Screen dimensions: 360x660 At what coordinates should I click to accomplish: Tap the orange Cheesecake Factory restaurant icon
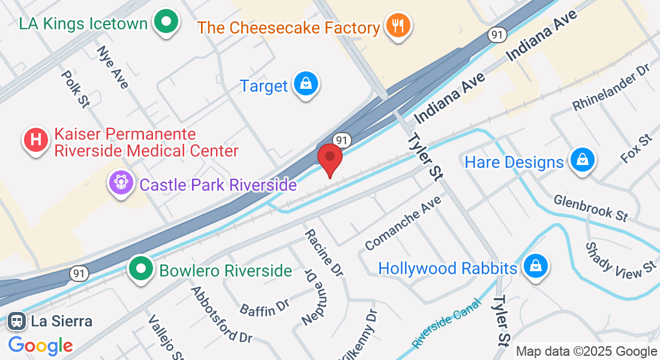click(x=397, y=26)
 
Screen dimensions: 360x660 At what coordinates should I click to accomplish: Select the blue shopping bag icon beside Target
click(x=306, y=85)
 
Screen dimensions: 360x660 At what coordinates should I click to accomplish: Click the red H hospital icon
click(x=35, y=140)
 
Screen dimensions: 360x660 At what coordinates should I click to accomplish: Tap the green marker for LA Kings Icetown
click(x=166, y=23)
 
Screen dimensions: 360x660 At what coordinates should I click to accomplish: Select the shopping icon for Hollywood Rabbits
click(x=536, y=268)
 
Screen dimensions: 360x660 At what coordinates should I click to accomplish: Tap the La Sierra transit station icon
click(x=16, y=321)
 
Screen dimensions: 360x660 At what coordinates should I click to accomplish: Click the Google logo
click(x=41, y=346)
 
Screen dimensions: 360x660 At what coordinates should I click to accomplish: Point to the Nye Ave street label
click(x=112, y=67)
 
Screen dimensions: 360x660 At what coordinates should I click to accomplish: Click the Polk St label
click(x=75, y=88)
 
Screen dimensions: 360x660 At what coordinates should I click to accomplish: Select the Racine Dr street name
click(x=323, y=253)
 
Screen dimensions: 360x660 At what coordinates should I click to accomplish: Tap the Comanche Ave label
click(x=403, y=222)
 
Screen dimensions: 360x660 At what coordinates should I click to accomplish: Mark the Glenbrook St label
click(x=590, y=206)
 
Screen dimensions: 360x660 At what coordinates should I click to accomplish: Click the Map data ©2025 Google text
click(x=587, y=352)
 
